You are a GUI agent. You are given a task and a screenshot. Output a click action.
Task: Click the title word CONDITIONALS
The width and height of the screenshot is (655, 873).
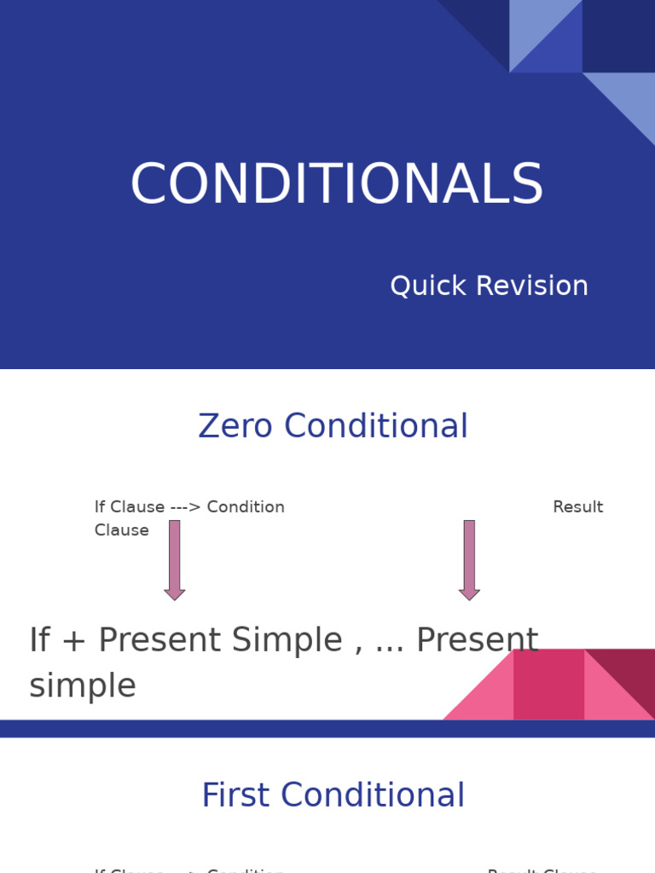tap(336, 185)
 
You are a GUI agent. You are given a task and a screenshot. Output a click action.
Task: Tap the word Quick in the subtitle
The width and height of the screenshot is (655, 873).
tap(424, 286)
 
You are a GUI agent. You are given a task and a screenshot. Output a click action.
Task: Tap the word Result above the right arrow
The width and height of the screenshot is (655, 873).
tap(577, 507)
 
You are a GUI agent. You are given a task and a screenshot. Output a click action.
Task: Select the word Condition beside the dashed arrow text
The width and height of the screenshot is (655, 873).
tap(246, 507)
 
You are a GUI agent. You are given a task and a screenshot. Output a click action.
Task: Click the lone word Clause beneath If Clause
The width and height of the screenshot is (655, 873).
tap(121, 530)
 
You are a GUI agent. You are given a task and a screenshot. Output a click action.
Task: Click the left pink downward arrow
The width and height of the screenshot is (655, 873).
tap(175, 560)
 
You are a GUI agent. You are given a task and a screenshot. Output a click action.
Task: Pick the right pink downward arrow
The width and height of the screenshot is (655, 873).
tap(469, 560)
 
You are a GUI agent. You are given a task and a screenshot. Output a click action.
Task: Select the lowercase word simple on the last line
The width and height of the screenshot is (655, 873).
tap(83, 685)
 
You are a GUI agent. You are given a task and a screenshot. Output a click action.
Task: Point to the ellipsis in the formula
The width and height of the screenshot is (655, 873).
tap(389, 644)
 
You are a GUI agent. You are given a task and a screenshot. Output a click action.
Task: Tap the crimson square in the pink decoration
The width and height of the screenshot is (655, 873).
tap(548, 684)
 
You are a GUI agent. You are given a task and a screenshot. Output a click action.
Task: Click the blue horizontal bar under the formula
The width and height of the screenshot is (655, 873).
tap(327, 728)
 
